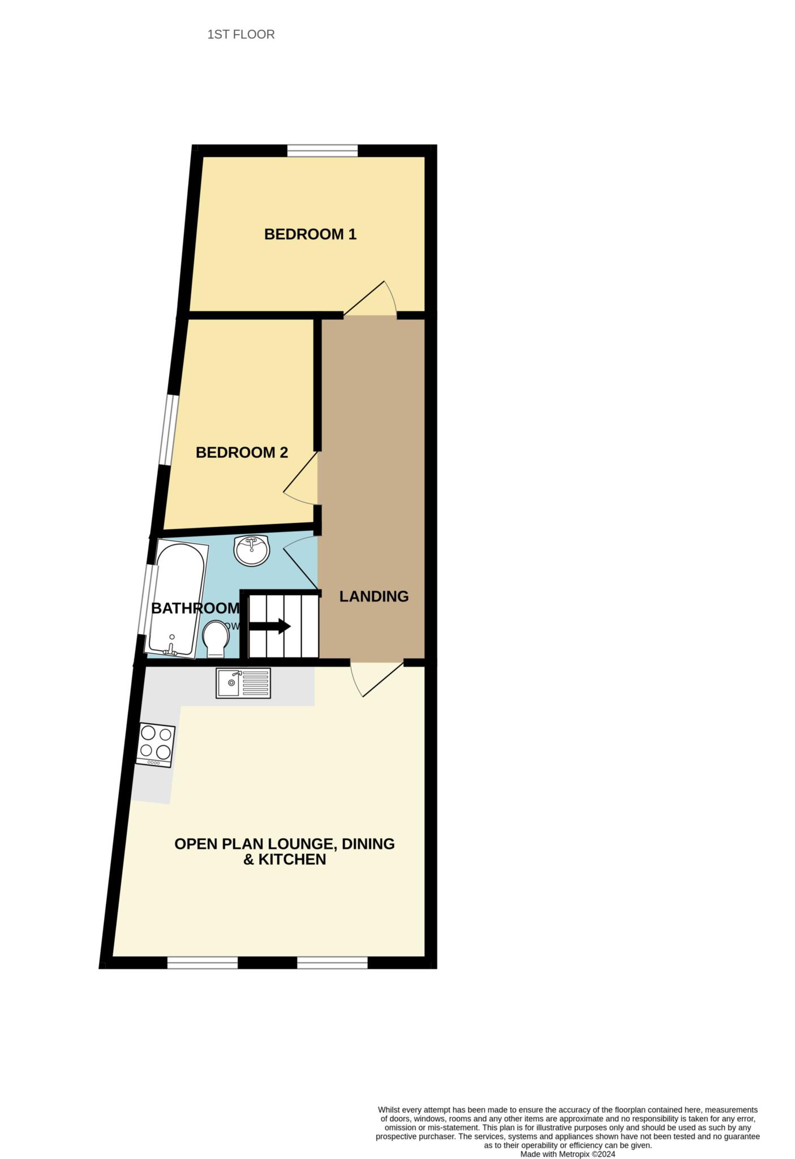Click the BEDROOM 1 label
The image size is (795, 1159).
coord(310,234)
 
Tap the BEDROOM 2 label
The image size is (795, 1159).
coord(242,453)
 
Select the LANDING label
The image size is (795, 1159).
coord(373,596)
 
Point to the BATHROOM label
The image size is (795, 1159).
coord(195,608)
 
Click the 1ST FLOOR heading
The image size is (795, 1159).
coord(241,35)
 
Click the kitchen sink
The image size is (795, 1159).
coord(243,683)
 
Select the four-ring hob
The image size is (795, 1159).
coord(156,745)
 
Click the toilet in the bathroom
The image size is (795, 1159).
coord(216,639)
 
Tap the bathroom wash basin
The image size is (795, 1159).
coord(252,550)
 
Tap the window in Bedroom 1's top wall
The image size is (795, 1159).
coord(323,150)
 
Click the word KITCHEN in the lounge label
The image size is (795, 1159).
coord(292,860)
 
